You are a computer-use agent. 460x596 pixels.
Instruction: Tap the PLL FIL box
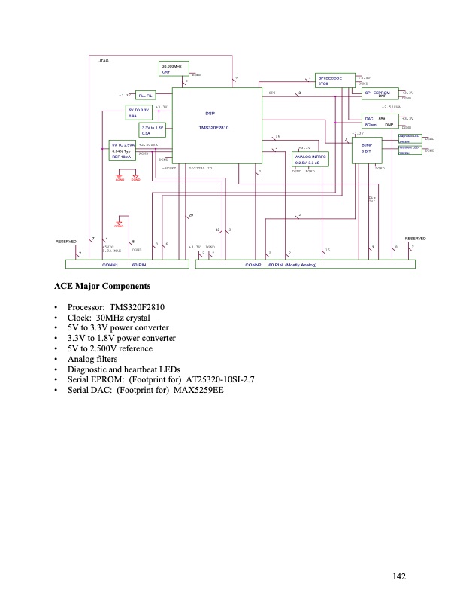(146, 96)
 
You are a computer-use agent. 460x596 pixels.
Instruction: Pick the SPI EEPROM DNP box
(382, 93)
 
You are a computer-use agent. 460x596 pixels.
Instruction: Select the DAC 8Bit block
(380, 121)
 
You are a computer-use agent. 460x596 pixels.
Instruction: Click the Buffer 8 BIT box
(367, 147)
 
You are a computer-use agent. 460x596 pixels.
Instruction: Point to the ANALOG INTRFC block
(308, 160)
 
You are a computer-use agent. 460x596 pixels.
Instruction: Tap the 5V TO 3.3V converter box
(138, 114)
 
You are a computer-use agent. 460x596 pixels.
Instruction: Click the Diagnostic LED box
(410, 138)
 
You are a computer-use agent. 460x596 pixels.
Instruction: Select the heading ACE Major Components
(102, 287)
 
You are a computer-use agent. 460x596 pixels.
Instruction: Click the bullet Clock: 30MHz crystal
(112, 318)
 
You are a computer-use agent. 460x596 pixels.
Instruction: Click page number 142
(399, 576)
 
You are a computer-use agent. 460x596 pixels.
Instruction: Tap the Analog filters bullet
(97, 360)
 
